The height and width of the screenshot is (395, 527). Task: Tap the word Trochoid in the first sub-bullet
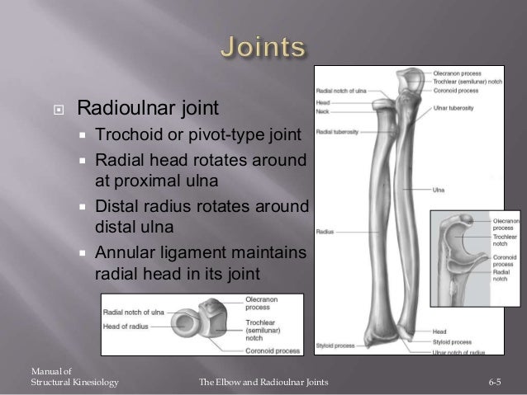coord(125,134)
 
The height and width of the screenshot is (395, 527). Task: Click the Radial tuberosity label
coord(335,131)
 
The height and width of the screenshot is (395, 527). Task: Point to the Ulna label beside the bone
coord(439,188)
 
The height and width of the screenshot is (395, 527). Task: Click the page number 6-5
coord(496,383)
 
